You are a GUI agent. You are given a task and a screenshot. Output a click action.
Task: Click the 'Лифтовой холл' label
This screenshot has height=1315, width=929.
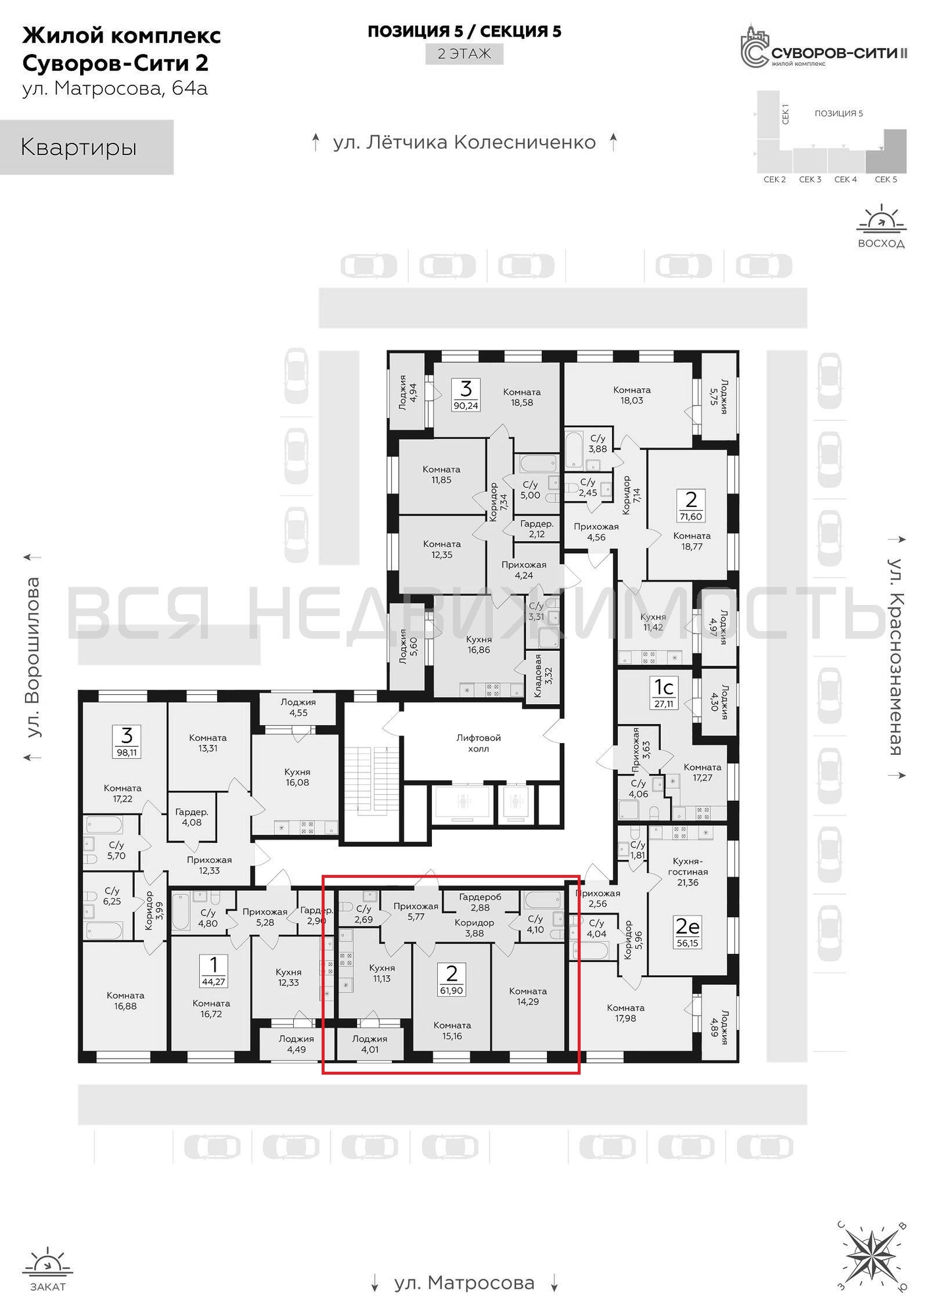[478, 743]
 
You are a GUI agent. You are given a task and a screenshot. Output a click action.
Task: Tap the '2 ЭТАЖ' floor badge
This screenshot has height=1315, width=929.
[464, 54]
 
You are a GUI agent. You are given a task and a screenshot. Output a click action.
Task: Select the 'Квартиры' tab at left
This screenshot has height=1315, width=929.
[86, 147]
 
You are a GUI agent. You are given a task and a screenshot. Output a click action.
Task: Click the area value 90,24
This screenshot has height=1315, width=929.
[465, 406]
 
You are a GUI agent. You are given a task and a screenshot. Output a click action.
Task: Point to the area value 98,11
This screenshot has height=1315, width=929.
[126, 753]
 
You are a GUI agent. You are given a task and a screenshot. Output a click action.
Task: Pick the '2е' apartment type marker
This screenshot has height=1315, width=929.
[687, 927]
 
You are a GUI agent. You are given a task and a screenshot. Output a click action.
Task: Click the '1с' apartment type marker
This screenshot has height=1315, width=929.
[664, 688]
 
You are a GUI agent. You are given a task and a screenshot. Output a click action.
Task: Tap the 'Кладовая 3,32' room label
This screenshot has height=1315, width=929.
[542, 675]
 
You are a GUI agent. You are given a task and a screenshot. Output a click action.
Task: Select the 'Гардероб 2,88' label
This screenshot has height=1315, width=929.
[480, 902]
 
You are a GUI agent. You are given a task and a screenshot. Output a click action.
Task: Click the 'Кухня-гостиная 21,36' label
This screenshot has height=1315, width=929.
[688, 872]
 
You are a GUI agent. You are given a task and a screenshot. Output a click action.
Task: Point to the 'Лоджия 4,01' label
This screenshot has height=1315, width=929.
[369, 1044]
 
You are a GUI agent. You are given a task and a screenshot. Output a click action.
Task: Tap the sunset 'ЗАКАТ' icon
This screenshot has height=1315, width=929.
[47, 1268]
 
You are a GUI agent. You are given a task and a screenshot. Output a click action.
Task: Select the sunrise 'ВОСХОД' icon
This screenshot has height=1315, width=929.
[881, 227]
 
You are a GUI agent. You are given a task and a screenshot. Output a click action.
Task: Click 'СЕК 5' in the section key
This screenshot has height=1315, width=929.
[886, 179]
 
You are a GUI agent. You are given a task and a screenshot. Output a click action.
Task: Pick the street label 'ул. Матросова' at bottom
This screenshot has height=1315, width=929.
[464, 1283]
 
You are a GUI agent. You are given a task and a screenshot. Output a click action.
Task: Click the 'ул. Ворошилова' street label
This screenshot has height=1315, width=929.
[31, 657]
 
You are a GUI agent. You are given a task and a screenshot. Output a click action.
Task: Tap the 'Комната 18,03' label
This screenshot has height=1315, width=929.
[632, 395]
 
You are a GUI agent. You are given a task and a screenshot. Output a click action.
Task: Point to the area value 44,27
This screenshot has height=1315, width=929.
[214, 982]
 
